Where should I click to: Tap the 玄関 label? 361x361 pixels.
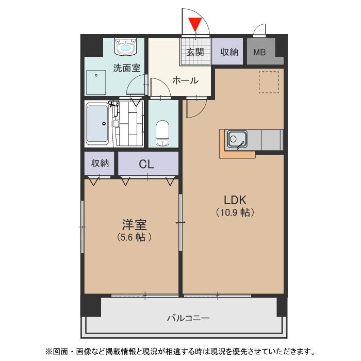195,52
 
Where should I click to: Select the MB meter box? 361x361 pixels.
259,52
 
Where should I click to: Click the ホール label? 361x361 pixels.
185,80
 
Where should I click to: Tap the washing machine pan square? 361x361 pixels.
96,81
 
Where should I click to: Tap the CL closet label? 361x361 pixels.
146,165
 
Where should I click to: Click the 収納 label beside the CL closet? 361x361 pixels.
100,163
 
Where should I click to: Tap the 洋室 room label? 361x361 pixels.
134,225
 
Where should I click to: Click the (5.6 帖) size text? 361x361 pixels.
134,237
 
